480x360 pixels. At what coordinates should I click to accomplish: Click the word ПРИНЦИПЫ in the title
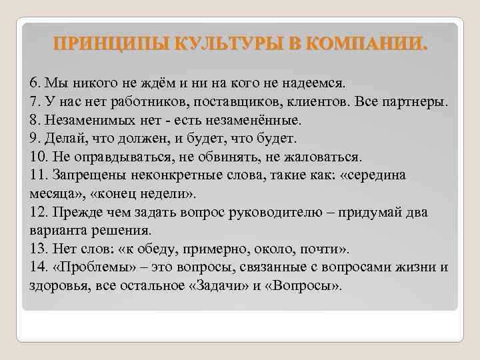tap(110, 45)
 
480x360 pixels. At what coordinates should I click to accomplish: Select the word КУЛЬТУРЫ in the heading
tap(218, 45)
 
